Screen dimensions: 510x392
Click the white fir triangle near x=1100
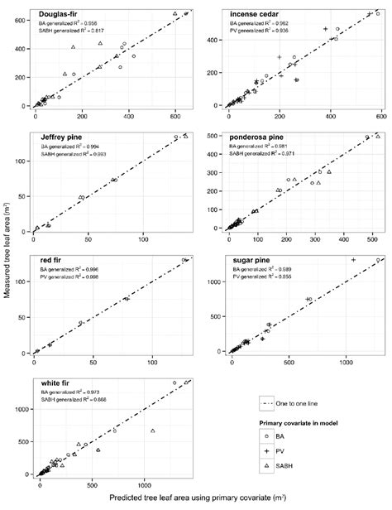coord(153,431)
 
